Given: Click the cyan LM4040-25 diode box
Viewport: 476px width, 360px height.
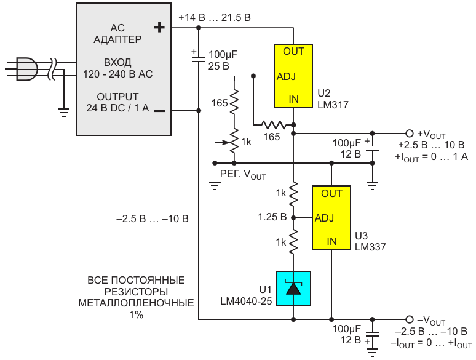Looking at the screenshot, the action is pyautogui.click(x=293, y=288).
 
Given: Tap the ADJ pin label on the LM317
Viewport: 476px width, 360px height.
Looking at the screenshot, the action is pyautogui.click(x=286, y=76).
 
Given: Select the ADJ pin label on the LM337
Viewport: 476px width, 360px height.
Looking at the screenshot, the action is pyautogui.click(x=324, y=218).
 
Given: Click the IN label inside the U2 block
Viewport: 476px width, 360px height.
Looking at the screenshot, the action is pyautogui.click(x=293, y=99).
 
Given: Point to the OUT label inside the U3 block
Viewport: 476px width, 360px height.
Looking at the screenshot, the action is pyautogui.click(x=331, y=193).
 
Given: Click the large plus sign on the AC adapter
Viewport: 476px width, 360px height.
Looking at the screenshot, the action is pyautogui.click(x=159, y=28).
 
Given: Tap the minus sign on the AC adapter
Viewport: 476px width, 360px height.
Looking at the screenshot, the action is pyautogui.click(x=159, y=111).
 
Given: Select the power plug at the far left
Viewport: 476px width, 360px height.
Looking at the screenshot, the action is pyautogui.click(x=26, y=69).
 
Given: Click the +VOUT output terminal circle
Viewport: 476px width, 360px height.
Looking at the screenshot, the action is pyautogui.click(x=410, y=134).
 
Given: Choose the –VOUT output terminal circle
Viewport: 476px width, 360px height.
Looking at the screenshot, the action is pyautogui.click(x=410, y=319).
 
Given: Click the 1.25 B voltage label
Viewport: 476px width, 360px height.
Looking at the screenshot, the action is pyautogui.click(x=272, y=217).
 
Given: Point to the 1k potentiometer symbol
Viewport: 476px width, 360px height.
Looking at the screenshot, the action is pyautogui.click(x=234, y=142).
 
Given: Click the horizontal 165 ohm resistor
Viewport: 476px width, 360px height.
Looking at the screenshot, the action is pyautogui.click(x=274, y=125).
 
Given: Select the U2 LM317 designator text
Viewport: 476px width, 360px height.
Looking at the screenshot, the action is pyautogui.click(x=333, y=99).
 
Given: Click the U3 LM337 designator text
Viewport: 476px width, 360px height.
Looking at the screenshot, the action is pyautogui.click(x=370, y=241).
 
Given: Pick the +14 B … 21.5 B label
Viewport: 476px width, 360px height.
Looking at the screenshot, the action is pyautogui.click(x=215, y=18).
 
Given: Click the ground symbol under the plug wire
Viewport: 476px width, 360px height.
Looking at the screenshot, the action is pyautogui.click(x=64, y=113).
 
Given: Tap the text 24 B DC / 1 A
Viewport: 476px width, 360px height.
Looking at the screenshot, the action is pyautogui.click(x=118, y=108).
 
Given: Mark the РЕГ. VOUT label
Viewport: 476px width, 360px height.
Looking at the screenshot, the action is pyautogui.click(x=243, y=175).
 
